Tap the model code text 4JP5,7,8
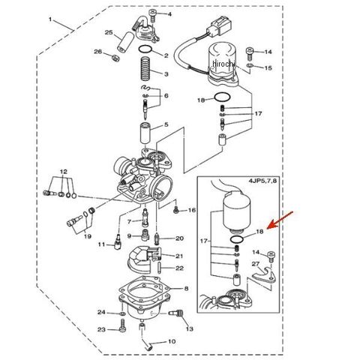(x=262, y=181)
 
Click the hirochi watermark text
(x=223, y=64)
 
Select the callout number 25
(x=109, y=32)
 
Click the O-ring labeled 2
(x=145, y=49)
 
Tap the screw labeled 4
(x=152, y=15)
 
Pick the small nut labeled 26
(x=115, y=58)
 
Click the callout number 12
(x=64, y=172)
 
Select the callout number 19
(x=87, y=236)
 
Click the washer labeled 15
(x=250, y=65)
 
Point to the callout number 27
(x=255, y=264)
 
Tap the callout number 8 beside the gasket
(x=186, y=289)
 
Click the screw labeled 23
(x=122, y=325)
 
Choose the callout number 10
(x=172, y=341)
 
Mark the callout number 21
(x=179, y=256)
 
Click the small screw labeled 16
(x=175, y=211)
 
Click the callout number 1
(x=50, y=19)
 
